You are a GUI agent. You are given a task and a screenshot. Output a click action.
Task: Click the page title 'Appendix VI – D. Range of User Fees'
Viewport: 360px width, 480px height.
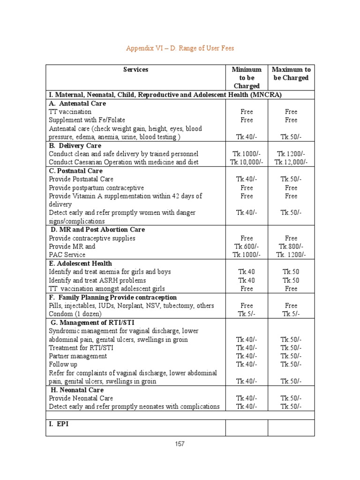tap(180, 48)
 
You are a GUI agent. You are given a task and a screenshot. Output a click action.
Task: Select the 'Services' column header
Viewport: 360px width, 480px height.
tap(135, 69)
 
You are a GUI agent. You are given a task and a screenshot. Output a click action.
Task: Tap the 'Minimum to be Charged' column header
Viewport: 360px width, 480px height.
tap(247, 78)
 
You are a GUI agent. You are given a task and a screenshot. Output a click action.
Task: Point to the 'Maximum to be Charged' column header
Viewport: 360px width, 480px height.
tap(291, 74)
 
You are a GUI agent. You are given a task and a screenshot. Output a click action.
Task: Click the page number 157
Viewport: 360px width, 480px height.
tap(180, 444)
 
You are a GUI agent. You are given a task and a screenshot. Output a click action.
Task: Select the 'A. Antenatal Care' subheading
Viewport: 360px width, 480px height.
tap(77, 103)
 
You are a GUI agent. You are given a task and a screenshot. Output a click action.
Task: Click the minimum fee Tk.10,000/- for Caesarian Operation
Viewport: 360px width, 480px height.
tap(247, 162)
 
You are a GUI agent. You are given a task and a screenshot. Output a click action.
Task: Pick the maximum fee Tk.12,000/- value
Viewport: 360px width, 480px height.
tap(291, 162)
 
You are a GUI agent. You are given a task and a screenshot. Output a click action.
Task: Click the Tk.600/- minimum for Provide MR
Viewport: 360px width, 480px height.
tap(247, 247)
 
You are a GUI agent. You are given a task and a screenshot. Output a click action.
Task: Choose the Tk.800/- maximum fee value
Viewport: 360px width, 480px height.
tap(291, 247)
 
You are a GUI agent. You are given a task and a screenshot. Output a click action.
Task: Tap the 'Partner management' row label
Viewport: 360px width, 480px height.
tap(78, 356)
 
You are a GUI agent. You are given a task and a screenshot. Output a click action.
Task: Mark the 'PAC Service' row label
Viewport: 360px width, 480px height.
tap(67, 255)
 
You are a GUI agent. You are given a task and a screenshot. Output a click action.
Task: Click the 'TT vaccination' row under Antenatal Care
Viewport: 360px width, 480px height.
tap(70, 112)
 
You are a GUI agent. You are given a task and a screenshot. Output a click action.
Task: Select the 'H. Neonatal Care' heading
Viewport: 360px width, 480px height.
tap(77, 390)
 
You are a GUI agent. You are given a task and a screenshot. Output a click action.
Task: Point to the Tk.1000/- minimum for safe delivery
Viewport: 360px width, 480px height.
tap(247, 154)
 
